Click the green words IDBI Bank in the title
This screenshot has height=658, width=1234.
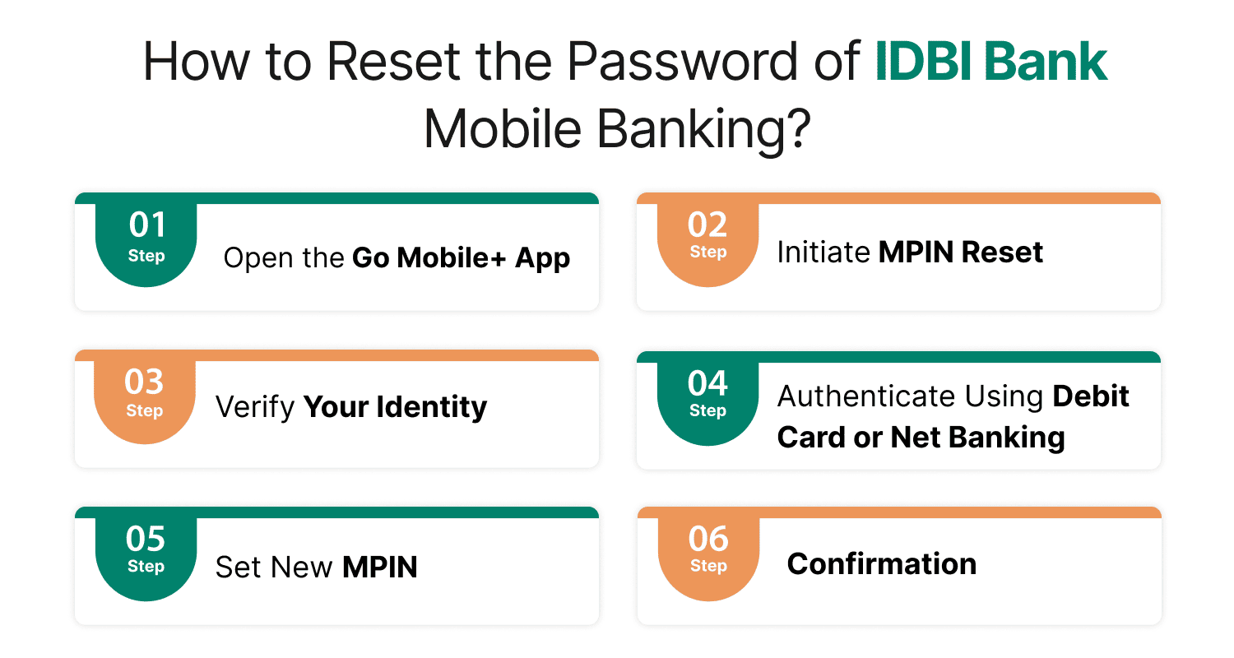pos(991,63)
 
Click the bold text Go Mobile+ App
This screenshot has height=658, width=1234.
pos(461,258)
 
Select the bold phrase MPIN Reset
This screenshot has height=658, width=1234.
pos(960,252)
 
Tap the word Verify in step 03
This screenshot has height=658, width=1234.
pos(255,407)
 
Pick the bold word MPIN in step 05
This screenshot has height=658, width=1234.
pos(379,567)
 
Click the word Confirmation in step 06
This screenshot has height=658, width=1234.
pos(881,564)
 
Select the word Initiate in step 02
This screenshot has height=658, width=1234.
pos(823,252)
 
